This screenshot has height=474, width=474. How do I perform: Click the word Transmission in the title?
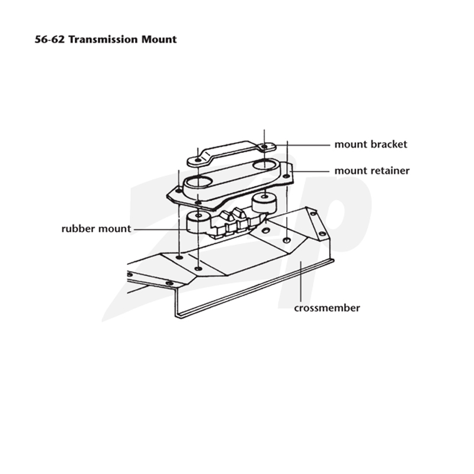(x=103, y=39)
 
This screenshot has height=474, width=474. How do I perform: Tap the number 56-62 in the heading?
(x=50, y=39)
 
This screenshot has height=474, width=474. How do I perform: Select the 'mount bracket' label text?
(x=371, y=145)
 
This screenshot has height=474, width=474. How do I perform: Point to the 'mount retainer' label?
(x=372, y=171)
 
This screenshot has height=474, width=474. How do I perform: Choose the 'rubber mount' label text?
(x=96, y=229)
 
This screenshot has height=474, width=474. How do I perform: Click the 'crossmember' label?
(x=327, y=308)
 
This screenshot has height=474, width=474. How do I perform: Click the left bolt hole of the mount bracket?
(x=197, y=159)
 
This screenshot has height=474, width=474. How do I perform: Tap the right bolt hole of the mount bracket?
(x=264, y=146)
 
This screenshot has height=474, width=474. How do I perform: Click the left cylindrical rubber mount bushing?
(x=198, y=222)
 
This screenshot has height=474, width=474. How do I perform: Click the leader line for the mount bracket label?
(x=302, y=145)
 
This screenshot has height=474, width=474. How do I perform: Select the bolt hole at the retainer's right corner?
(x=286, y=176)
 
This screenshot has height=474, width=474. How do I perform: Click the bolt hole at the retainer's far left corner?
(x=179, y=191)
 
